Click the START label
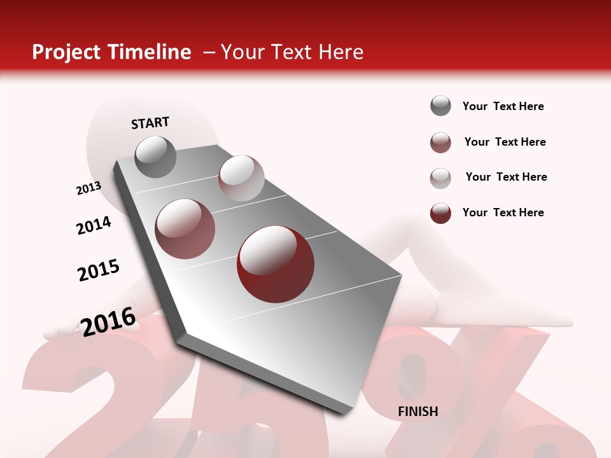click(150, 123)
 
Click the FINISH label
click(418, 412)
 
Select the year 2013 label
click(88, 188)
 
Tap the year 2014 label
click(94, 226)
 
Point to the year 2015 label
click(98, 270)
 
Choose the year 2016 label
click(108, 322)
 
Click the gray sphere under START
click(155, 156)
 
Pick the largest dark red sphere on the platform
click(275, 264)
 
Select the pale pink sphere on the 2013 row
click(241, 178)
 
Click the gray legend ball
click(440, 106)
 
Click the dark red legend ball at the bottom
click(440, 213)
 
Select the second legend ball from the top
click(440, 142)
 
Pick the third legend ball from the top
click(440, 178)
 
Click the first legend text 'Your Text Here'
click(503, 106)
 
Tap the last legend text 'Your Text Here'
click(503, 212)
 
